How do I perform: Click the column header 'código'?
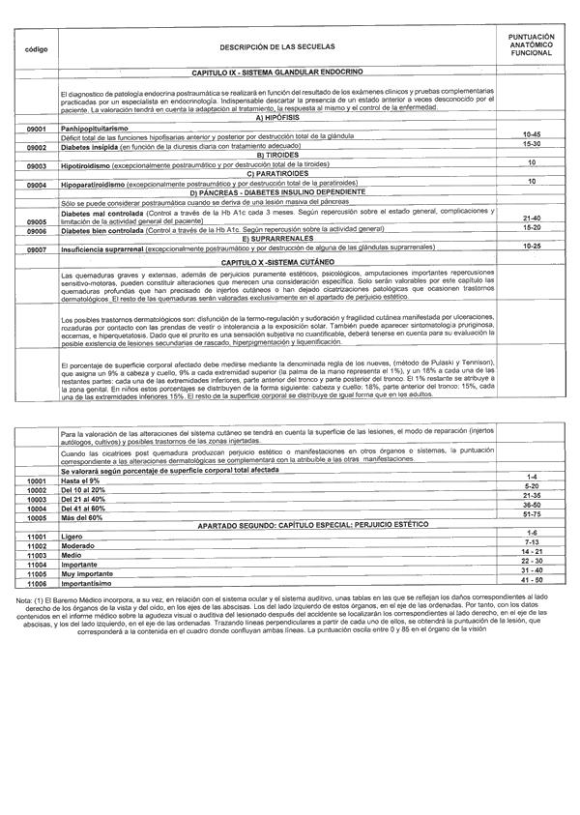pos(29,47)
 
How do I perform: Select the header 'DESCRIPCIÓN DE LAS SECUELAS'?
pos(275,47)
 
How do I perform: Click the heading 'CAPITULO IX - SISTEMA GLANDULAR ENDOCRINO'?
pos(277,73)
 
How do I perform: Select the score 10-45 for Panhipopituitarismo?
pos(531,134)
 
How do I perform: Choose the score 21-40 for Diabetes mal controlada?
pos(531,218)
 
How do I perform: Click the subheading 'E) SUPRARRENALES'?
pos(275,238)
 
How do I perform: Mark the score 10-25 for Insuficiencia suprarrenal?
pos(531,247)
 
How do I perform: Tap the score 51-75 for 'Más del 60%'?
pos(531,515)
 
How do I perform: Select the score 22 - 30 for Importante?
pos(531,560)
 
